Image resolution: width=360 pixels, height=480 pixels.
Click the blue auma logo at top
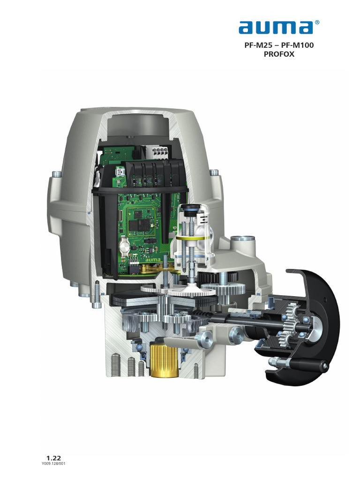click(275, 27)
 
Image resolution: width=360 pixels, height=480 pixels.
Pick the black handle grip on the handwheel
click(306, 363)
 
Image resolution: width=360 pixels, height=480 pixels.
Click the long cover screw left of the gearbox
click(97, 294)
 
